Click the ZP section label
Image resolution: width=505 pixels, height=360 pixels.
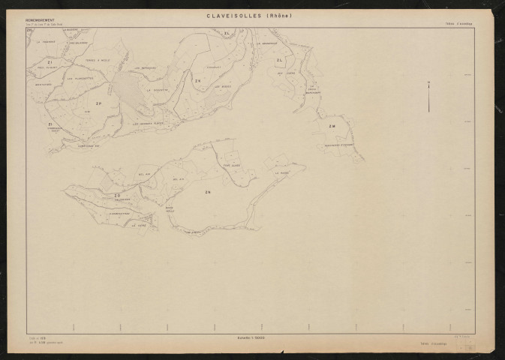tap(98, 104)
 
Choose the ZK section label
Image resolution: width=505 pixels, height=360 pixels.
tap(197, 79)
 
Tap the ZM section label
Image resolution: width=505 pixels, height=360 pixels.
tap(332, 125)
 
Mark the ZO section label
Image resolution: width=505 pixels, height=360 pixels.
tap(117, 196)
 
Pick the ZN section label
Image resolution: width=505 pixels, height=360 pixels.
tap(208, 192)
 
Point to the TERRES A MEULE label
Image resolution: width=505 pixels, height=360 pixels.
tap(98, 61)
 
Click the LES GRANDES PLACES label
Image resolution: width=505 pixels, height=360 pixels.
tap(147, 123)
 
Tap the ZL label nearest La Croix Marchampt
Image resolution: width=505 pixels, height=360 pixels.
tap(280, 60)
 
